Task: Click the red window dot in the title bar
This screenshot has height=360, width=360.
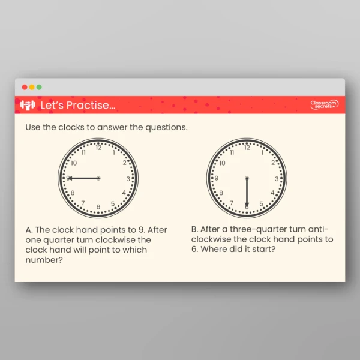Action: (x=25, y=87)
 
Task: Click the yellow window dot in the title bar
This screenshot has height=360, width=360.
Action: (x=32, y=87)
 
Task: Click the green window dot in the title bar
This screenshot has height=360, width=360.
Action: (x=39, y=87)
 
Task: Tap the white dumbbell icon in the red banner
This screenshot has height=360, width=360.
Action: (x=28, y=105)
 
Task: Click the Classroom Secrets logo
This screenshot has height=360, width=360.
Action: (x=324, y=105)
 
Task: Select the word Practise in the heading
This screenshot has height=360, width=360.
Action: (x=88, y=106)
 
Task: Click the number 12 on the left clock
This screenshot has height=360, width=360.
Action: (x=98, y=148)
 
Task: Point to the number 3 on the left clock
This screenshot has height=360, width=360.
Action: (x=128, y=179)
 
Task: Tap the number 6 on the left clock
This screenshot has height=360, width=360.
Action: (x=98, y=207)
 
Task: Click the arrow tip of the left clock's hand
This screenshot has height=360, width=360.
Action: (x=68, y=178)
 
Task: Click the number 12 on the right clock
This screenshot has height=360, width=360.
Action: (x=247, y=148)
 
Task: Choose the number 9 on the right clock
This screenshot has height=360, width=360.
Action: (x=217, y=178)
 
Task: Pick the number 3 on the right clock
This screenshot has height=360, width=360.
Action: (x=277, y=179)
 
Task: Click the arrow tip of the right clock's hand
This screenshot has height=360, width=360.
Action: (x=247, y=206)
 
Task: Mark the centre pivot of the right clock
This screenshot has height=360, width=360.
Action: (x=247, y=178)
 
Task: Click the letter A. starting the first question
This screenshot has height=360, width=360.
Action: (x=29, y=230)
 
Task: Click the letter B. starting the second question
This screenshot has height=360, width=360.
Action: (x=194, y=229)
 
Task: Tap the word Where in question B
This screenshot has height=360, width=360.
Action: (x=223, y=249)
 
